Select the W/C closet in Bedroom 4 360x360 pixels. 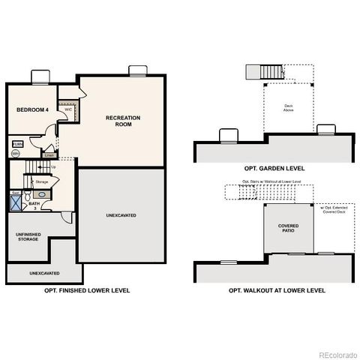[68, 109]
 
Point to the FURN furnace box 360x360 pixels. [17, 142]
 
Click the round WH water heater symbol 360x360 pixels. [16, 153]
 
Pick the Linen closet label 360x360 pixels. [49, 155]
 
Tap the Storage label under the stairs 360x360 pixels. [42, 181]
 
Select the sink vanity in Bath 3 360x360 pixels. [42, 193]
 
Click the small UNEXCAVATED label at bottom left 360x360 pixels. [45, 273]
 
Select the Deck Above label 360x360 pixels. [288, 107]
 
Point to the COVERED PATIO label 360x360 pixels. [289, 228]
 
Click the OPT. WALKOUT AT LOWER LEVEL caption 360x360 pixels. [277, 289]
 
